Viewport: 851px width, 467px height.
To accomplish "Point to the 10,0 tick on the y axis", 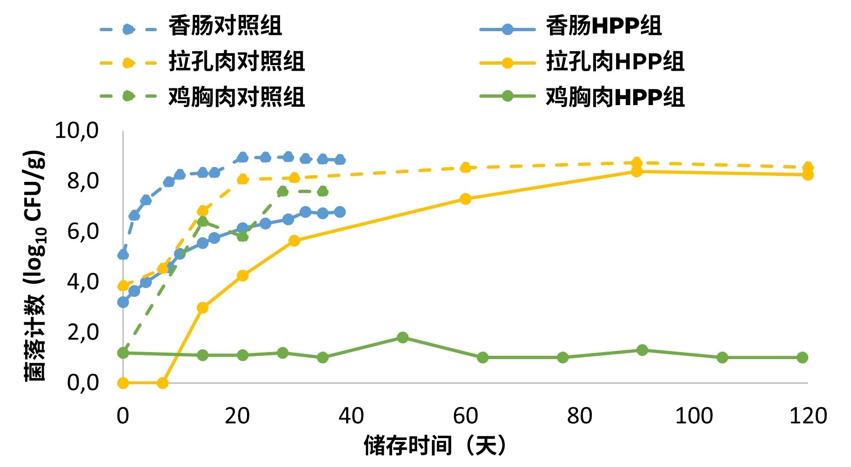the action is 77,130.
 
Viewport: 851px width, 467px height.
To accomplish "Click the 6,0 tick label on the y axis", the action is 83,231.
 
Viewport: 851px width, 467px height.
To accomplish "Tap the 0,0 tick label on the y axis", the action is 83,382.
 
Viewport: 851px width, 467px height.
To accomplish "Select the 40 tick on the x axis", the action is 351,415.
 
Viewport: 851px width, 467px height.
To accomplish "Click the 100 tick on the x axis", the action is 694,415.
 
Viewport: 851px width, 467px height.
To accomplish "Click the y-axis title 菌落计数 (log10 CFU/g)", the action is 35,266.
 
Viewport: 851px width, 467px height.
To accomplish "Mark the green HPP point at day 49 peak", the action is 402,337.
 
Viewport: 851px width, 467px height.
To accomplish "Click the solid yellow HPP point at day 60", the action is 465,199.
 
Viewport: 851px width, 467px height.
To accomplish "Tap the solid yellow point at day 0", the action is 123,383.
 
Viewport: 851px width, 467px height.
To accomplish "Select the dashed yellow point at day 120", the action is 808,167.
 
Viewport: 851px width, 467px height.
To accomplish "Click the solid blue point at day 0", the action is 123,302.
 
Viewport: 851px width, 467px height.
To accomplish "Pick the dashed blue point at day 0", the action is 123,254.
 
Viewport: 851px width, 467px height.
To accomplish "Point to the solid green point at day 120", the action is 802,357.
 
